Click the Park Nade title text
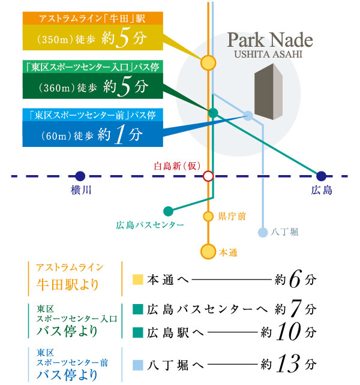tap(270, 41)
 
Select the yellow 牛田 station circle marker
tap(208, 62)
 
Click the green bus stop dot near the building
tap(213, 113)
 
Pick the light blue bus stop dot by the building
tap(248, 116)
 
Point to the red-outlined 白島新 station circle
tap(208, 176)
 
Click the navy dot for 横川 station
tap(80, 176)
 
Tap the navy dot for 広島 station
tap(321, 176)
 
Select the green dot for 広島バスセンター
tap(168, 211)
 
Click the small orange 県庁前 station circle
tap(208, 216)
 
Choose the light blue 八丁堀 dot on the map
tap(262, 232)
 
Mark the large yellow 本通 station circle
tap(208, 252)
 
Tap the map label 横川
tap(80, 190)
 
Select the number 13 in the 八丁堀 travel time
tap(290, 363)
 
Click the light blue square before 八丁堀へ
tap(137, 363)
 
